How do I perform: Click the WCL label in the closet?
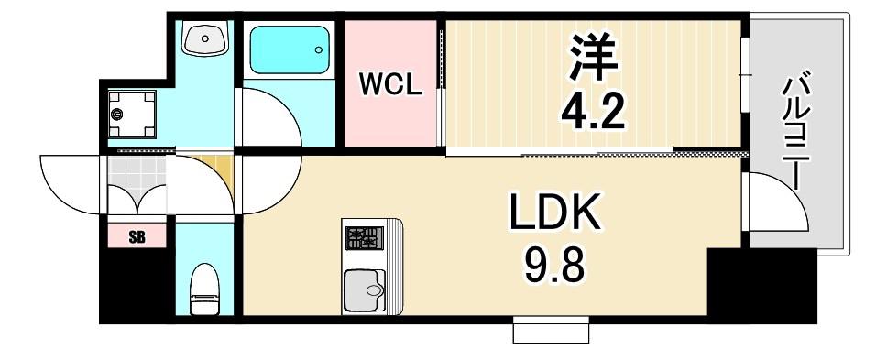pyautogui.click(x=391, y=85)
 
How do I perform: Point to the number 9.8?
pyautogui.click(x=554, y=266)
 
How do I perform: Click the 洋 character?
pyautogui.click(x=594, y=57)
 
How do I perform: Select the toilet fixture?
pyautogui.click(x=204, y=289)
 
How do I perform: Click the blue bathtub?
pyautogui.click(x=290, y=49)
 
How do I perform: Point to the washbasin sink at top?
pyautogui.click(x=204, y=38)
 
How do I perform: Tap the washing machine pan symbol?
pyautogui.click(x=132, y=114)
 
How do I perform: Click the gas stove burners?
pyautogui.click(x=365, y=238)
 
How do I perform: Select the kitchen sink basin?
pyautogui.click(x=365, y=290)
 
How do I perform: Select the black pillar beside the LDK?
pyautogui.click(x=761, y=285)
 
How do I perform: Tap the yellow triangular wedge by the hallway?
pyautogui.click(x=219, y=169)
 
